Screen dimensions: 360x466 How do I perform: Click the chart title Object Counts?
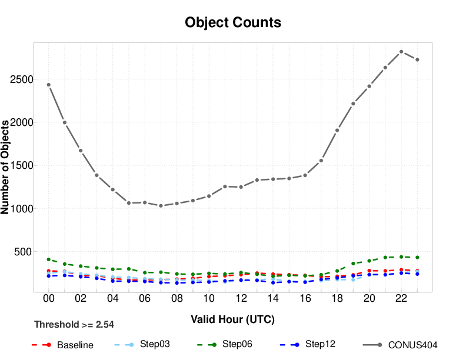[232, 22]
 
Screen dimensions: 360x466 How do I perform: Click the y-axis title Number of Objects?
[6, 167]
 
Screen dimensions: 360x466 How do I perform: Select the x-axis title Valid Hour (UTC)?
[232, 319]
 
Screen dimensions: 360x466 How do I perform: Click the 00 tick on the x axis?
[49, 299]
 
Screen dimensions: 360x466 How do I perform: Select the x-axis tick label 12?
[241, 299]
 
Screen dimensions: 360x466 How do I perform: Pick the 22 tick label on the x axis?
[401, 299]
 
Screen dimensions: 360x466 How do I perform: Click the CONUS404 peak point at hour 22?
[401, 52]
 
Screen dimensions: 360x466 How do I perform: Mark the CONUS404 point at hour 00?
[49, 85]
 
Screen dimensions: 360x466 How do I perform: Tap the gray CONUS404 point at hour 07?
[161, 206]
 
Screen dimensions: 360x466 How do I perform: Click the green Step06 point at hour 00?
[49, 259]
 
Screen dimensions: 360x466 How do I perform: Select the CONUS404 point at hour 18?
[337, 131]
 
